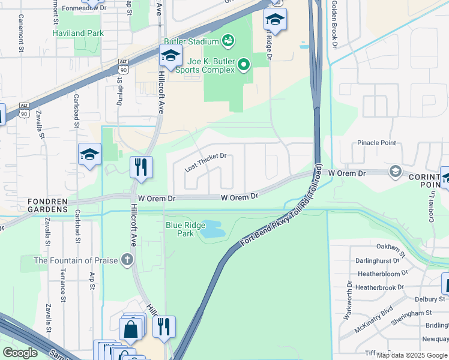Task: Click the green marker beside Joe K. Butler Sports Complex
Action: pos(244,64)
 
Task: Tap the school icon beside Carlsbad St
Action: pos(89,154)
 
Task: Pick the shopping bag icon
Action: pos(130,328)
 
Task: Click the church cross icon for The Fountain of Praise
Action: pos(126,260)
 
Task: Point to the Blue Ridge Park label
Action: pos(180,229)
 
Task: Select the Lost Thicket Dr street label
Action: pos(205,162)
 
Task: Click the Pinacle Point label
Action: pos(376,143)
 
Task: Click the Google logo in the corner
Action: pos(20,352)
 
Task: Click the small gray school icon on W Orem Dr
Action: pos(395,172)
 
